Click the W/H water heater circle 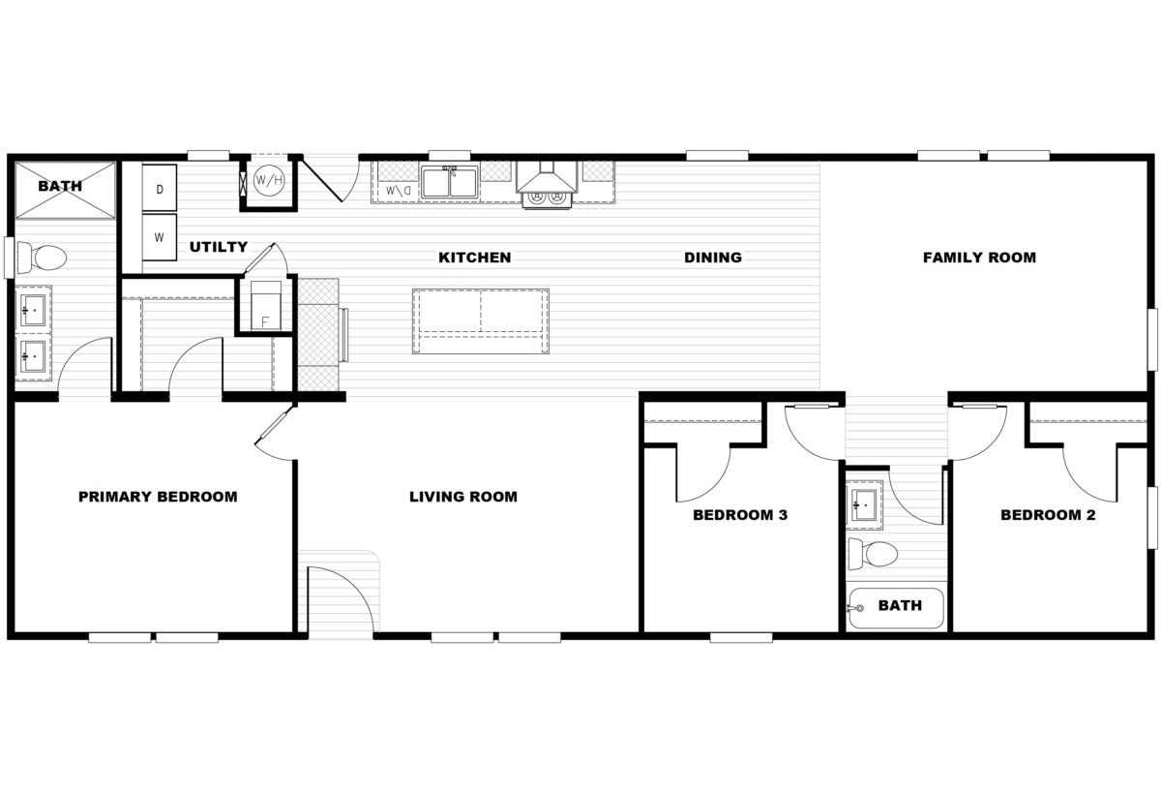[x=269, y=181]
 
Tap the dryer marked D [x=160, y=188]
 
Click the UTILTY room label [x=218, y=247]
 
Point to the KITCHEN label [x=474, y=258]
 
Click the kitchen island [x=480, y=320]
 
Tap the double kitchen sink [x=449, y=182]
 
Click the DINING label [x=712, y=258]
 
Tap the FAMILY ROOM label [x=979, y=258]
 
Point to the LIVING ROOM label [x=462, y=497]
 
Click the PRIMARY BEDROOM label [x=158, y=497]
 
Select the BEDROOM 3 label [x=739, y=515]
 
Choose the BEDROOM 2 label [x=1048, y=515]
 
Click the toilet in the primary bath [x=44, y=257]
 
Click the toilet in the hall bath [x=874, y=554]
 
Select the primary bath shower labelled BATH [x=62, y=186]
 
